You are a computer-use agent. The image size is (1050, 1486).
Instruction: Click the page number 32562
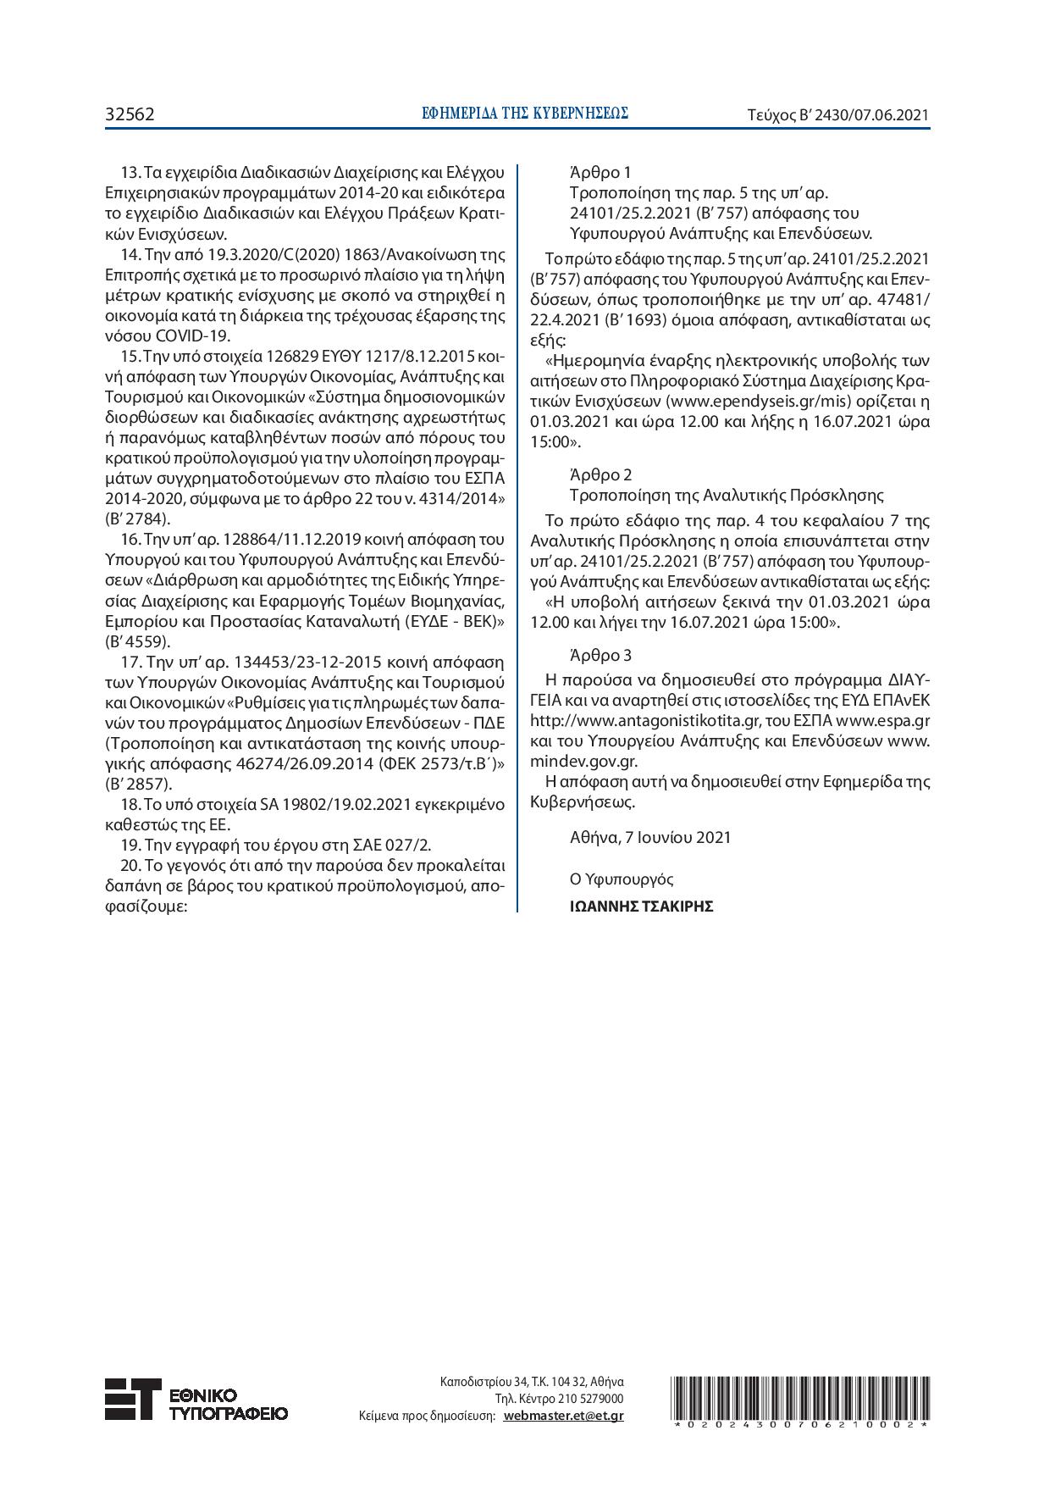tap(130, 114)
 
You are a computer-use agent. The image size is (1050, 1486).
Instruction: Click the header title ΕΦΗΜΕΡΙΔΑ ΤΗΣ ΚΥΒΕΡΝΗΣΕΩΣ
tap(525, 113)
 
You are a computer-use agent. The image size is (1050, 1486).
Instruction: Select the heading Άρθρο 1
tap(600, 173)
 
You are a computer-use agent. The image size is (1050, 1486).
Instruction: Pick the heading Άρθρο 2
tap(600, 474)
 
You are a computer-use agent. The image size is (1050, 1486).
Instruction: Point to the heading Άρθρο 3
tap(600, 655)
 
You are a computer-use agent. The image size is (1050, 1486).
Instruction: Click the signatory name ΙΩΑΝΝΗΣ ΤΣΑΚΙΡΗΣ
tap(641, 907)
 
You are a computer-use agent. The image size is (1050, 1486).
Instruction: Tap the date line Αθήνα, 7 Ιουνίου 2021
tap(650, 837)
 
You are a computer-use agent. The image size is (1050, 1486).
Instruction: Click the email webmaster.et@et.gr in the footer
tap(563, 1415)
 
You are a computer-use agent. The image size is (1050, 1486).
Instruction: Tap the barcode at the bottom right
tap(801, 1403)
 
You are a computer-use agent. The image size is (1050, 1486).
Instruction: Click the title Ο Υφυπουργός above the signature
tap(622, 879)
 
